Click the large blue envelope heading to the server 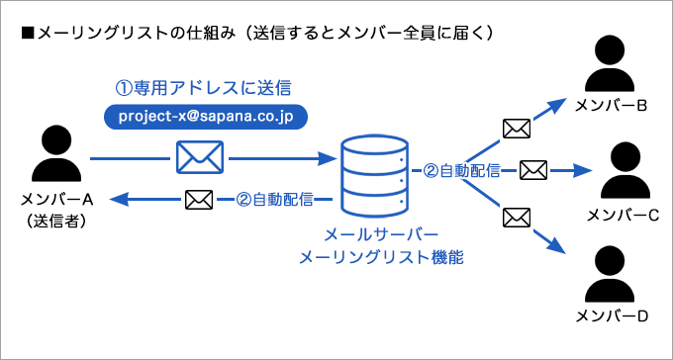click(199, 157)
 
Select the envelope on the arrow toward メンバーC click(533, 170)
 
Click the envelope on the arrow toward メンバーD click(516, 215)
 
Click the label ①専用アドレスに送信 click(204, 87)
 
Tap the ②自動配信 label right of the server click(461, 170)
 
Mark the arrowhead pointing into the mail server click(326, 157)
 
